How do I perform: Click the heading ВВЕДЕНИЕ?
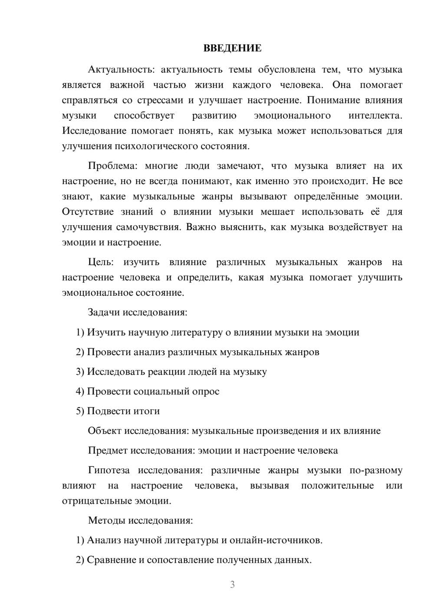coord(232,48)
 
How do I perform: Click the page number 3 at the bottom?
coord(232,584)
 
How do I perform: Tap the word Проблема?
coord(112,166)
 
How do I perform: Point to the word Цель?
coord(101,262)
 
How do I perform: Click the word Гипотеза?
coord(108,470)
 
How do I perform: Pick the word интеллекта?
coord(375,116)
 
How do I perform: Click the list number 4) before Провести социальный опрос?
coord(80,391)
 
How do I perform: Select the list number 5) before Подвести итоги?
coord(80,411)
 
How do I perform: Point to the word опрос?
coord(206,392)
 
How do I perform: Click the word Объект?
coord(105,431)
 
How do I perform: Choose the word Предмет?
coord(107,450)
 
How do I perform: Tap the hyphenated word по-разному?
coord(376,470)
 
